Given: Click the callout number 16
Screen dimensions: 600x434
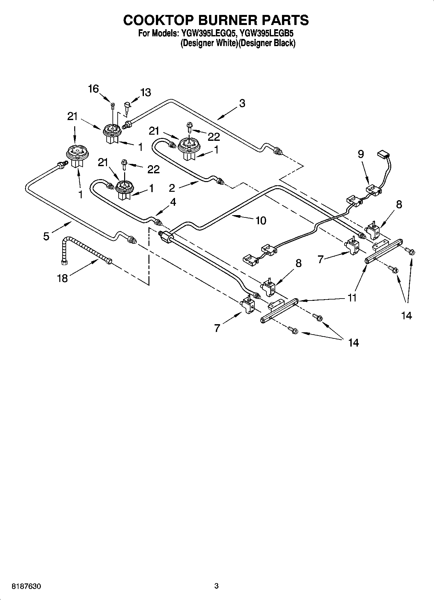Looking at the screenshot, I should tap(93, 89).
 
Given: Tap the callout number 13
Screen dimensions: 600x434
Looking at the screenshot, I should tap(146, 92).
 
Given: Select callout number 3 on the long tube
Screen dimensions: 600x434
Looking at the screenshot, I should tap(242, 103).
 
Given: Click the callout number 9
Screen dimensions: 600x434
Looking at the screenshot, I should tap(361, 154).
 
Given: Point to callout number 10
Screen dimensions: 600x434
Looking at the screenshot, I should tap(261, 221).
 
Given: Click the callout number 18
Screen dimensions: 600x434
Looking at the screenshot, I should tap(62, 278).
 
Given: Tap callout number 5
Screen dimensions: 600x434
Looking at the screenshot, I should tap(46, 236).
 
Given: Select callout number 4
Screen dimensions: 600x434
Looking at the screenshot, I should tap(173, 202).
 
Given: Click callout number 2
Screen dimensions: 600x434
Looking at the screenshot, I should tap(172, 188).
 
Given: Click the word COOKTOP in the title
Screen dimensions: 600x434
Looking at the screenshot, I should tap(158, 20).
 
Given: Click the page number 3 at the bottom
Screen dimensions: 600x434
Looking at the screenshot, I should tap(217, 586).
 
